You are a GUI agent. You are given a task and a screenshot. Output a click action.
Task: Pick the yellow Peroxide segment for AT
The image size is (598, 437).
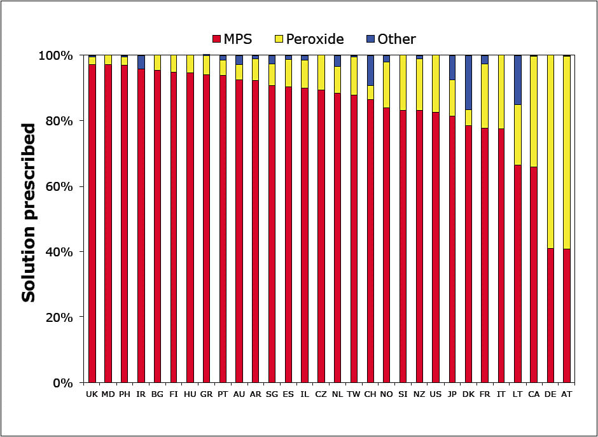[567, 153]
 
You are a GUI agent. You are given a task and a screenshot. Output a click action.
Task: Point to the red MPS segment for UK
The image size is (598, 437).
[92, 223]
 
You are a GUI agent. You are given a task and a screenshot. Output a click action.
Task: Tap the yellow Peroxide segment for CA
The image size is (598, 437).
[534, 111]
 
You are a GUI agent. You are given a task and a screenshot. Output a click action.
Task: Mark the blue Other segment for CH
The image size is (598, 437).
[370, 70]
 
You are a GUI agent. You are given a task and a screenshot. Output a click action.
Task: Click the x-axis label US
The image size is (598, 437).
[436, 395]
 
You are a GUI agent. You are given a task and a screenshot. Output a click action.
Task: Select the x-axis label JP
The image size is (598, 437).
[452, 395]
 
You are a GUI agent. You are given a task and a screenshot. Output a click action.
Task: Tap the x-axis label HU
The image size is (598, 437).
[190, 395]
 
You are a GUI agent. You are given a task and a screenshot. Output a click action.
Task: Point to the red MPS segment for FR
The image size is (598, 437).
[485, 254]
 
